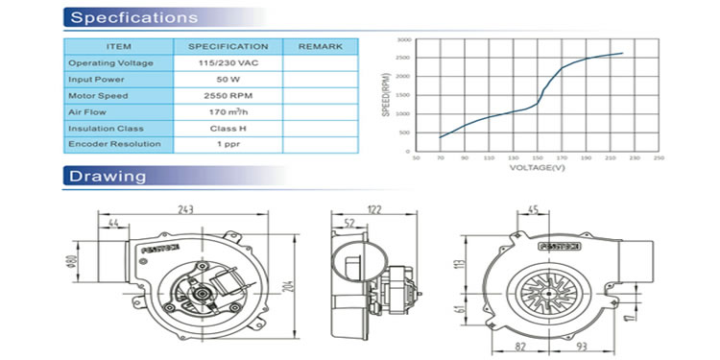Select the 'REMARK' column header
(x=320, y=46)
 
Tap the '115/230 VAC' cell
(x=228, y=62)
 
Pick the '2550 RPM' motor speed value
(x=228, y=96)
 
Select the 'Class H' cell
(x=228, y=128)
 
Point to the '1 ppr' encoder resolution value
(x=228, y=144)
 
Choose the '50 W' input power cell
(x=228, y=79)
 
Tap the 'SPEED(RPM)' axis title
(x=387, y=94)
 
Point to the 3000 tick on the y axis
(x=403, y=40)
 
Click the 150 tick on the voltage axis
(x=538, y=157)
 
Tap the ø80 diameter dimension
(x=69, y=263)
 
